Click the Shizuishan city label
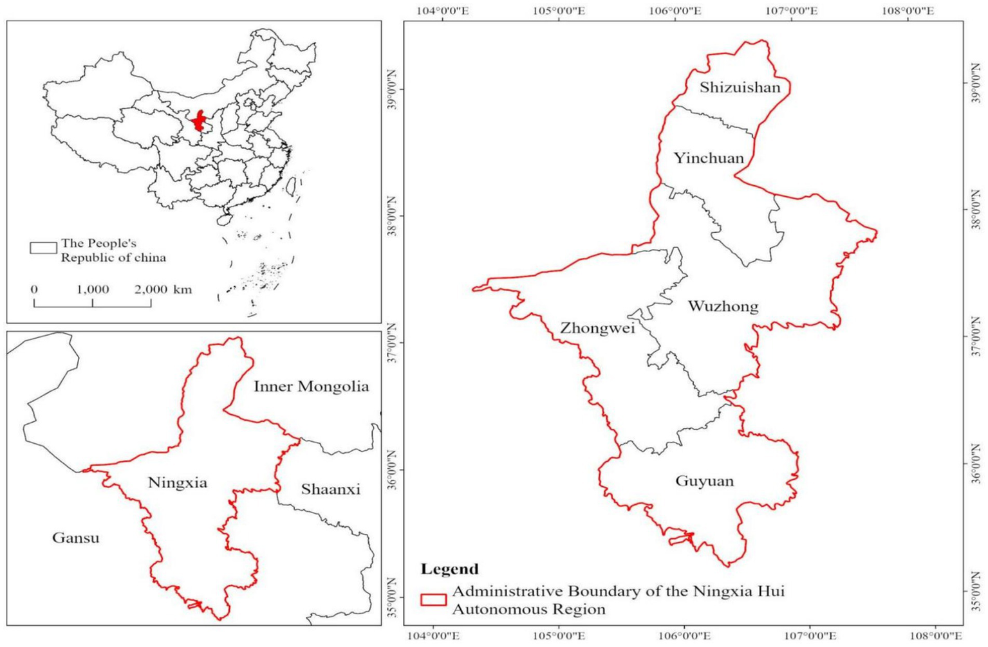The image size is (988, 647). [740, 87]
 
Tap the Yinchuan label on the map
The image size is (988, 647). [708, 158]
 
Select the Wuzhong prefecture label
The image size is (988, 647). [723, 306]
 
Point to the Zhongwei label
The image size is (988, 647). [597, 329]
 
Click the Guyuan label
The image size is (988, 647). [704, 481]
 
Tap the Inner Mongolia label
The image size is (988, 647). [311, 387]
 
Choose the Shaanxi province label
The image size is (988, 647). [330, 489]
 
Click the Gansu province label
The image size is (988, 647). [76, 538]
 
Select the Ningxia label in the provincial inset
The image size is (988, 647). [178, 483]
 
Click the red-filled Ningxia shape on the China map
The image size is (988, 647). [199, 122]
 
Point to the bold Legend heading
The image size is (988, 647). [449, 569]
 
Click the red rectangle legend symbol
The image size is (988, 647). [433, 599]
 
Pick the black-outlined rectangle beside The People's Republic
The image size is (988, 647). [43, 248]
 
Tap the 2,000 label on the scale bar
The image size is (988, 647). [151, 289]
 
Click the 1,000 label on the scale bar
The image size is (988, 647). [93, 289]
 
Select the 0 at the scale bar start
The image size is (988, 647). [34, 289]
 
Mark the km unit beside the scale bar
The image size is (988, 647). [182, 289]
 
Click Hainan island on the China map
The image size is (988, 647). [224, 219]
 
